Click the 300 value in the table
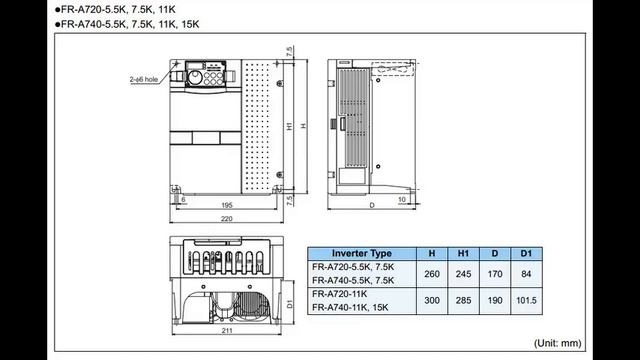tap(432, 301)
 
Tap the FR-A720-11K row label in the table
tap(340, 295)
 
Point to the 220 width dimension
tap(227, 217)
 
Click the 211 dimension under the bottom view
tap(226, 329)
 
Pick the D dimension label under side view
tap(371, 205)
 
